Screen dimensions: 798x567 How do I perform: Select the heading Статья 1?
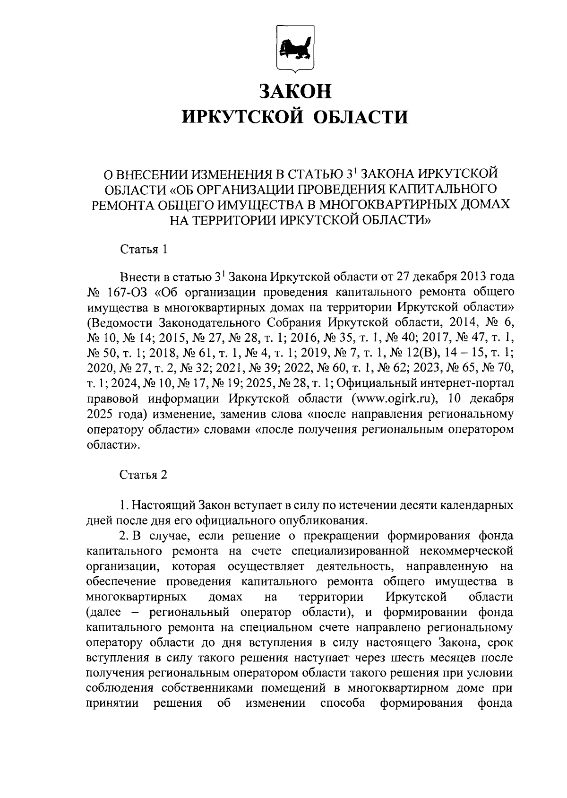coord(144,249)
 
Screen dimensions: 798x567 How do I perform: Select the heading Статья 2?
coord(144,475)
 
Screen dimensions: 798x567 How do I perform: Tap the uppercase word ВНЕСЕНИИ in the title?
coord(149,174)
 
